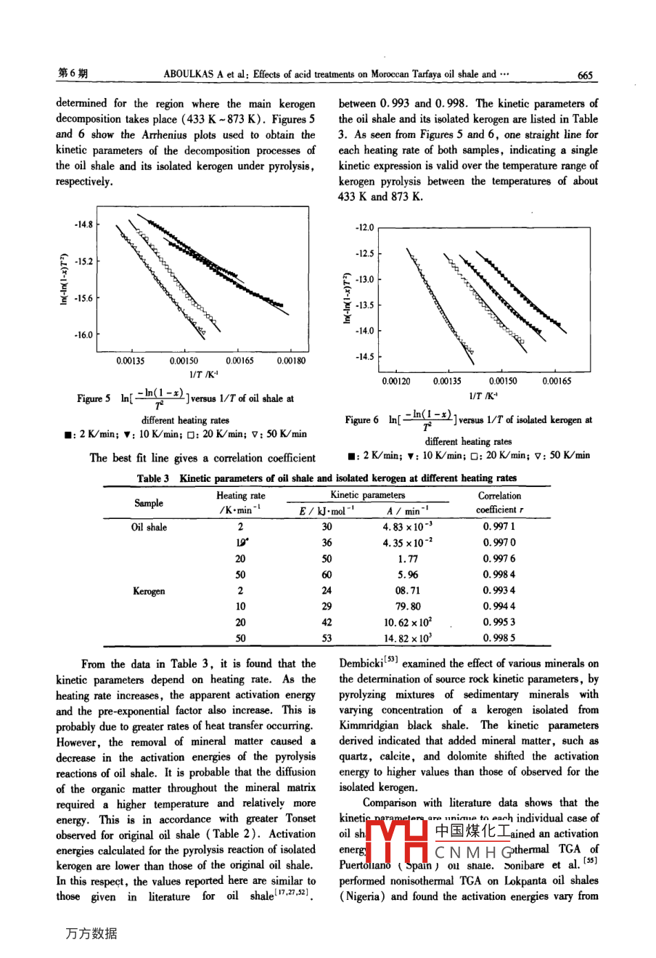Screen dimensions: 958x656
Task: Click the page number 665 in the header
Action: pos(585,74)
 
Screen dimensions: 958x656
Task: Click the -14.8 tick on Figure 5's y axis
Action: pos(83,224)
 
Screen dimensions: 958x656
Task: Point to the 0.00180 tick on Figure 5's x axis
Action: pos(291,361)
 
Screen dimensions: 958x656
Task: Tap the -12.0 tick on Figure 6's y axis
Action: pos(364,228)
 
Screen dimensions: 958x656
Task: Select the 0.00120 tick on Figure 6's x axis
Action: pos(395,381)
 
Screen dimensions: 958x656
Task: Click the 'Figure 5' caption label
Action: pos(94,398)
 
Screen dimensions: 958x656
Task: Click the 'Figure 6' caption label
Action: pos(361,419)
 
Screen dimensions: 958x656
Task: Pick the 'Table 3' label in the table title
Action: pos(153,478)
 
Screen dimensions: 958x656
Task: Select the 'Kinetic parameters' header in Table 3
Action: pos(368,495)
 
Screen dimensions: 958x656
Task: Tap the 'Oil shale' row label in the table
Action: pos(149,528)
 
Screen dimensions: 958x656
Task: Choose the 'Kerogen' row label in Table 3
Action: pos(149,591)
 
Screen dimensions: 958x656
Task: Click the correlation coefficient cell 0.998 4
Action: pos(499,575)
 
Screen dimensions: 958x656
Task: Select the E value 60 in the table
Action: pos(327,575)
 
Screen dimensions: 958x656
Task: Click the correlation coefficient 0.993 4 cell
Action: pos(499,591)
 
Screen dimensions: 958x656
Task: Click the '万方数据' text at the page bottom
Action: pos(91,933)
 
